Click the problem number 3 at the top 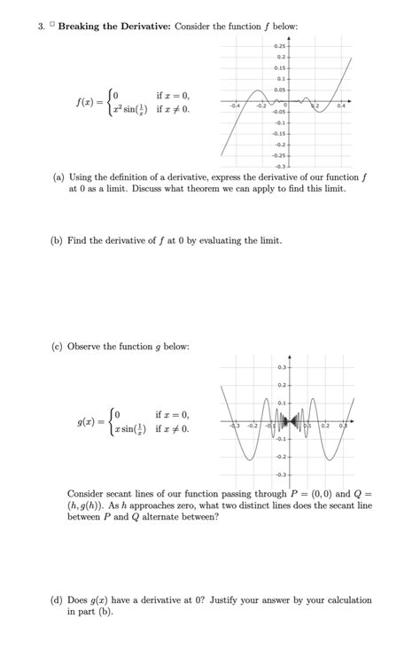coord(41,27)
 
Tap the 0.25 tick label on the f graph coord(279,45)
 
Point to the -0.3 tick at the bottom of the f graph coord(279,166)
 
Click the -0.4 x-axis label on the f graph coord(233,106)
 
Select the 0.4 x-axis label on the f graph coord(342,106)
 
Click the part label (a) coord(58,177)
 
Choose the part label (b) coord(58,240)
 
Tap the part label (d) coord(58,600)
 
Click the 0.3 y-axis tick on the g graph coord(281,366)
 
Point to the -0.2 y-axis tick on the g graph coord(280,457)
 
